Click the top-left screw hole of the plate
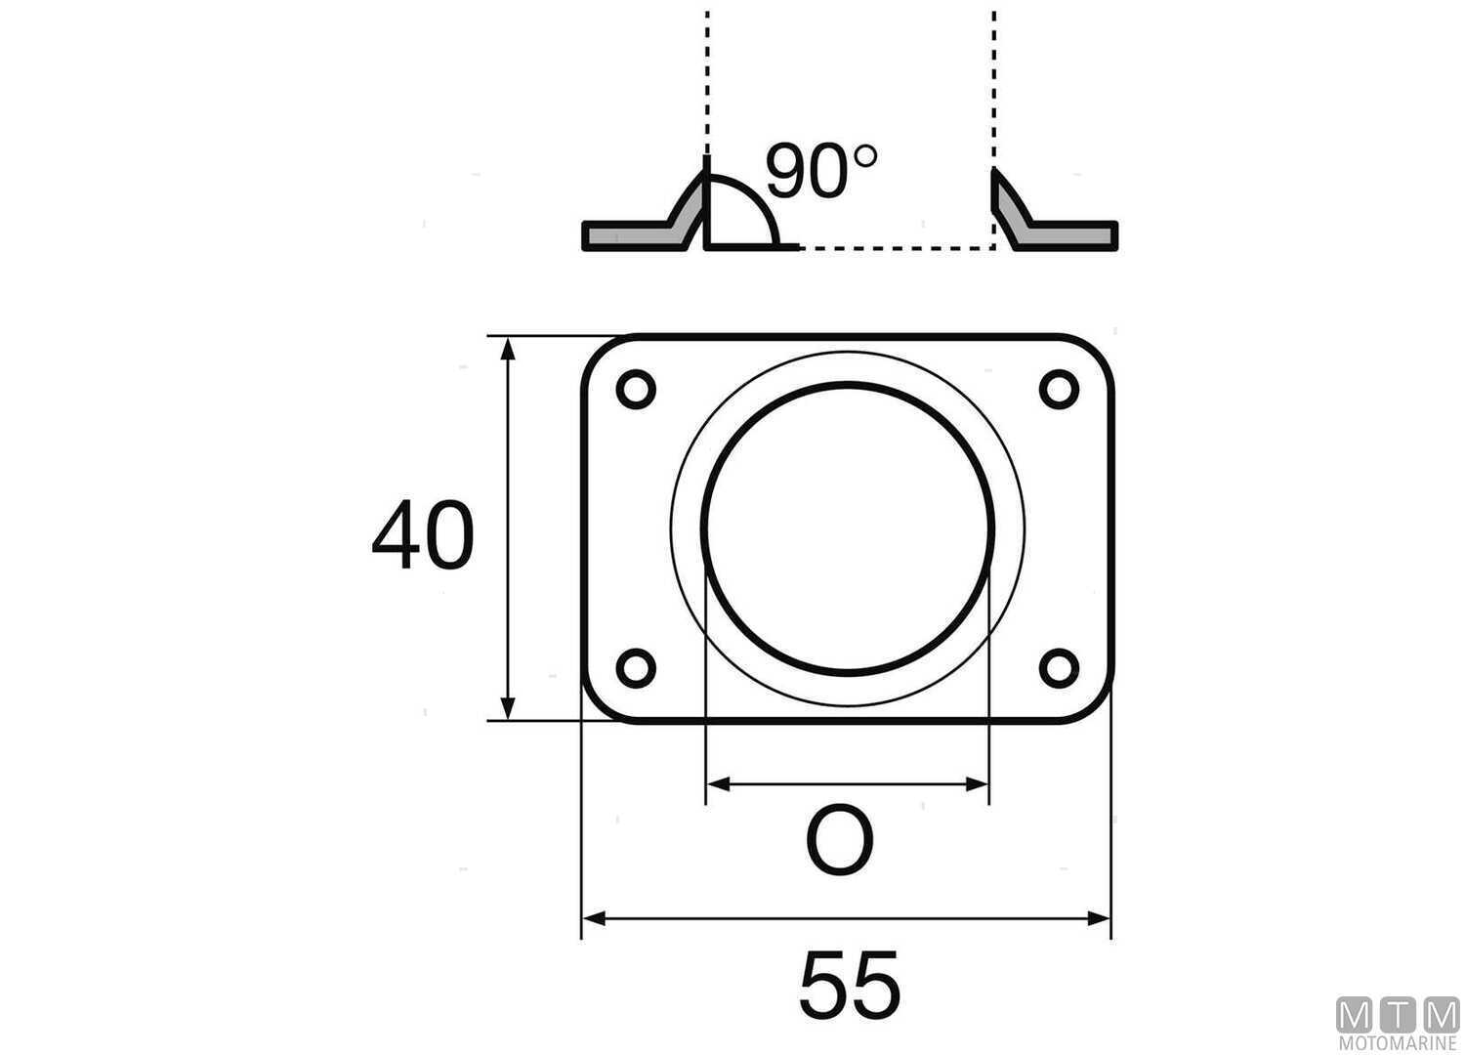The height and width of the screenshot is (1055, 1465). pos(636,390)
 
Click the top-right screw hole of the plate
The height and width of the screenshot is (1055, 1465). pos(1058,390)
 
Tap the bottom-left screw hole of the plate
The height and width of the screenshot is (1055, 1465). pos(636,668)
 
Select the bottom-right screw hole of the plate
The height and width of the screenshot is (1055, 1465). pos(1058,668)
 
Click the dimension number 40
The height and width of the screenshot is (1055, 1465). pos(422,536)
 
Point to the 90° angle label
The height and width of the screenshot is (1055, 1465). pos(820,172)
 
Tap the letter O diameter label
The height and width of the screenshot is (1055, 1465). pos(839,842)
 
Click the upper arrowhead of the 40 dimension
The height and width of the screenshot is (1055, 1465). pos(507,348)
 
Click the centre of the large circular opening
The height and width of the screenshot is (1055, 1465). pos(848,527)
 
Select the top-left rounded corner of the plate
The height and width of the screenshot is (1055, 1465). pos(598,352)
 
